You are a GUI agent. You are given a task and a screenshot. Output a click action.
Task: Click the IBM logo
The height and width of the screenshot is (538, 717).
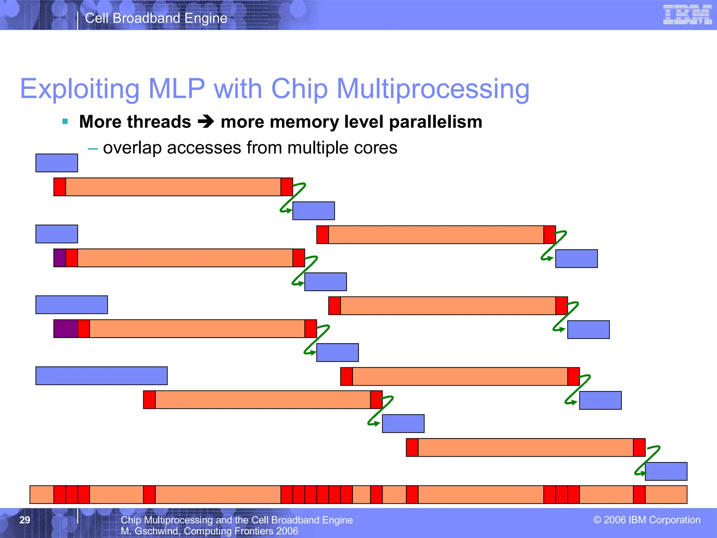click(687, 15)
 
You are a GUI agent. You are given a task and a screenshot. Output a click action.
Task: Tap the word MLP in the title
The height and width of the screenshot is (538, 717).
click(176, 89)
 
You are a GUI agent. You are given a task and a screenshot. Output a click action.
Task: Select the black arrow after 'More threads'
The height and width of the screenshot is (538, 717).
click(206, 122)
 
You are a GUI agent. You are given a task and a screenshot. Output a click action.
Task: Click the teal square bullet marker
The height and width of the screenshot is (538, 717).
click(65, 122)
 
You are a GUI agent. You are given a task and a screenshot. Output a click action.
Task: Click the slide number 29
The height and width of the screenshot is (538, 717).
click(25, 520)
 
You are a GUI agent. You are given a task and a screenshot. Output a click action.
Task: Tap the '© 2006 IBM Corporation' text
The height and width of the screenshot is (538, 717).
click(647, 520)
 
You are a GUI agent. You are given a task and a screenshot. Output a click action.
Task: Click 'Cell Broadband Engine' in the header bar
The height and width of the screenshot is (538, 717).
click(156, 18)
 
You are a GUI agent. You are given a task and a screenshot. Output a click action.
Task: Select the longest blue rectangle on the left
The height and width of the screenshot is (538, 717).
click(102, 376)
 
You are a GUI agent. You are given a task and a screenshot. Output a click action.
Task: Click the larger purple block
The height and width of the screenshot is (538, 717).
click(66, 329)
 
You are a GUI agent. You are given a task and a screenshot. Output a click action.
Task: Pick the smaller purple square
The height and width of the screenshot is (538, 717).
click(60, 258)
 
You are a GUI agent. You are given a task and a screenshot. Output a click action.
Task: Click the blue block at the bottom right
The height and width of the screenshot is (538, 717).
click(666, 471)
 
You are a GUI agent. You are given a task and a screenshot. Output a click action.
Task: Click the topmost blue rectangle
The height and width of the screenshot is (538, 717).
click(57, 163)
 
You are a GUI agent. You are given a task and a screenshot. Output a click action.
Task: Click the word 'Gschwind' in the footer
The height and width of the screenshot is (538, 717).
click(156, 531)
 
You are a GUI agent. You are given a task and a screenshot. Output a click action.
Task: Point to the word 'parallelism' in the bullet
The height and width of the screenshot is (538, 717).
click(436, 122)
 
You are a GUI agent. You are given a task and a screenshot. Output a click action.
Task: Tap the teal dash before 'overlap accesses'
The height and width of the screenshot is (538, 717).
click(93, 149)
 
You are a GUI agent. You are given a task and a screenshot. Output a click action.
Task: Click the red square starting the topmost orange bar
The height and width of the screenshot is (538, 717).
click(60, 187)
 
